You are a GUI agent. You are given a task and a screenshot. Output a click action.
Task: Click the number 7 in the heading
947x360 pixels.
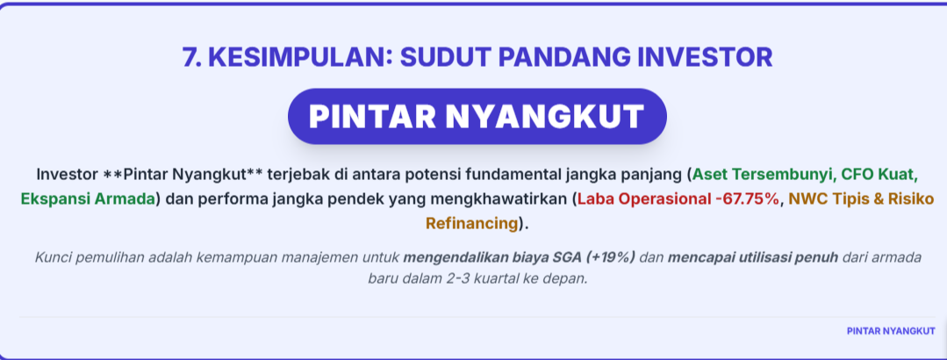(x=190, y=58)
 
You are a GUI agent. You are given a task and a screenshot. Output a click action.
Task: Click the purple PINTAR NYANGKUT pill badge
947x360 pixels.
(x=477, y=117)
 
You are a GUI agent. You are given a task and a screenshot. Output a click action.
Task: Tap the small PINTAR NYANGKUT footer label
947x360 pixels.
(x=890, y=331)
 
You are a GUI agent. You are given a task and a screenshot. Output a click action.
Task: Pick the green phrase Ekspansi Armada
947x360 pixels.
(x=88, y=198)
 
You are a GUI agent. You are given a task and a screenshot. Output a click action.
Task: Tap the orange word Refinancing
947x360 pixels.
(x=471, y=223)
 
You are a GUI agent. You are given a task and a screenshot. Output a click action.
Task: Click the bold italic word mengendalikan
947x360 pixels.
(x=459, y=258)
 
